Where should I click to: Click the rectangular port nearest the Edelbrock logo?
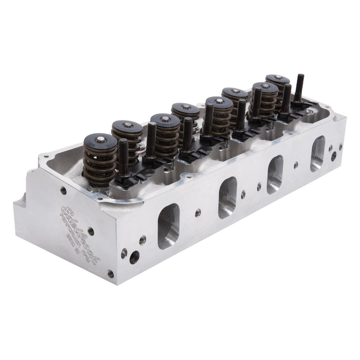coord(168,226)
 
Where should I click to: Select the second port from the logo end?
coord(227,197)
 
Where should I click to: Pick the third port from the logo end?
coord(275,174)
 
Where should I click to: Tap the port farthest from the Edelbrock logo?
coord(317,154)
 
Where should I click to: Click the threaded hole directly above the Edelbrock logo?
coord(63,190)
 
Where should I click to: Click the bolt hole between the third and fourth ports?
coord(296,165)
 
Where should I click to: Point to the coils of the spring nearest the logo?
coord(99,165)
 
